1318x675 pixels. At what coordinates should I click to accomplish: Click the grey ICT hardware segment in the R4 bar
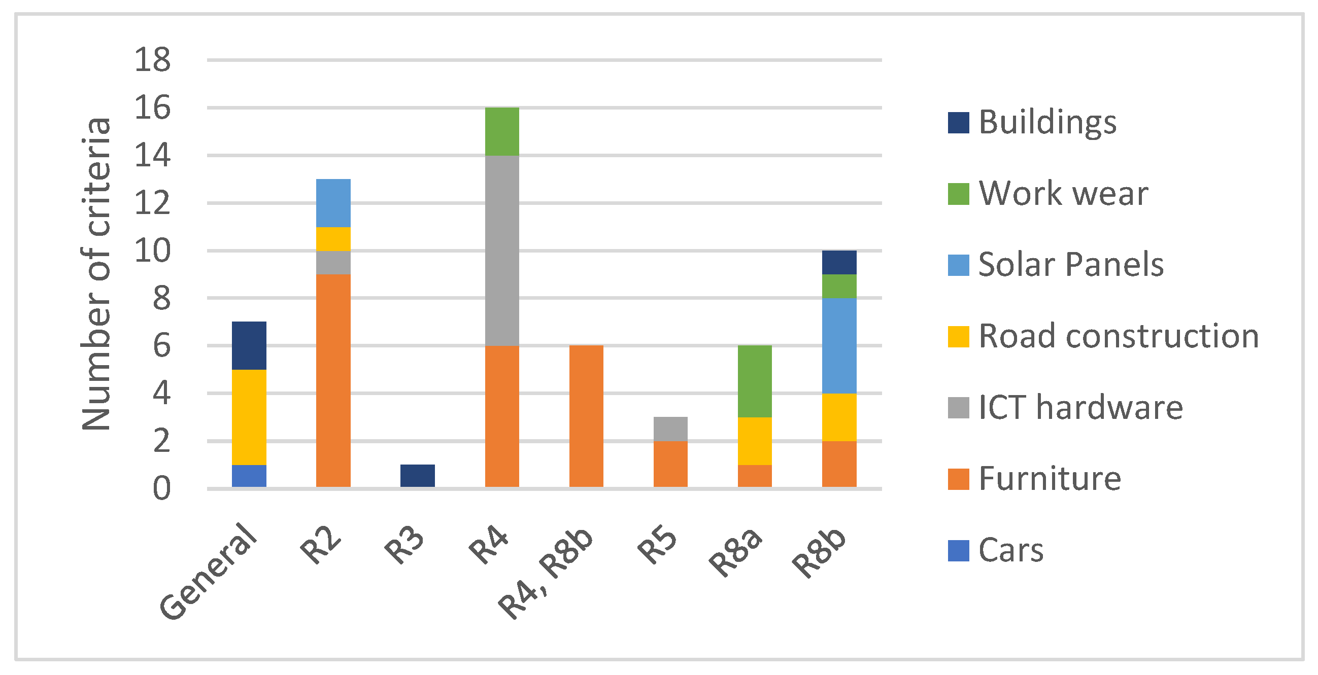[502, 251]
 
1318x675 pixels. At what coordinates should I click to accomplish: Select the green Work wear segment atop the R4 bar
[502, 131]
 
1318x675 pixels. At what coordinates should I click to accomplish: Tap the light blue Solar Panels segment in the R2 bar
[333, 203]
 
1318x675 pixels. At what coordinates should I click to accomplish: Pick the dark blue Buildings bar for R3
[418, 476]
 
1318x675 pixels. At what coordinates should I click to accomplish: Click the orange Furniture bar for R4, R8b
[586, 416]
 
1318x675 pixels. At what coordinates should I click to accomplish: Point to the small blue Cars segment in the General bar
[249, 476]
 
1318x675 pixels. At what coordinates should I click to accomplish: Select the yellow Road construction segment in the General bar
[249, 417]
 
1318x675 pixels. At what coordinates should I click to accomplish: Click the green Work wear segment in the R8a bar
[755, 381]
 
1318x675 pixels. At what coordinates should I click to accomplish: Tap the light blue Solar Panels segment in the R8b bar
[839, 346]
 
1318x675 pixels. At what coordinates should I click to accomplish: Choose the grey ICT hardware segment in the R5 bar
[670, 429]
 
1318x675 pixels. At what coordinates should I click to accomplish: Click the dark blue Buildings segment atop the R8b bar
[839, 262]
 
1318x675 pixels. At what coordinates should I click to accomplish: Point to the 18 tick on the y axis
[152, 60]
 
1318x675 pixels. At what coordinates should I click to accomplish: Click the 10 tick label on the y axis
[152, 251]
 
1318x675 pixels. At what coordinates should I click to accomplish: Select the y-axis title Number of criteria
[96, 274]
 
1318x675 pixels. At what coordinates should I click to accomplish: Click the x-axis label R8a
[736, 552]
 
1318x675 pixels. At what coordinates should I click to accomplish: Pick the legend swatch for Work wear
[958, 194]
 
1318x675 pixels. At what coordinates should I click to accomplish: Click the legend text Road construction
[1119, 336]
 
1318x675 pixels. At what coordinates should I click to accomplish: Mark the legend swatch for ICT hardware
[958, 408]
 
